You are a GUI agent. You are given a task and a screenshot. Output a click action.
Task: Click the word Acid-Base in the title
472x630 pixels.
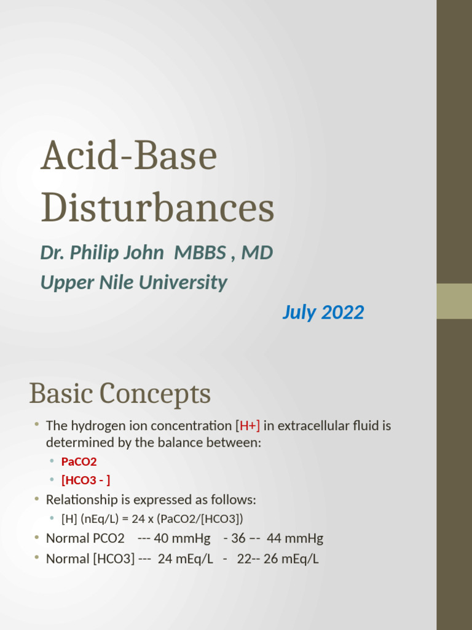[128, 156]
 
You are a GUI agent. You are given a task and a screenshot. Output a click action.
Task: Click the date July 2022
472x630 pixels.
[323, 313]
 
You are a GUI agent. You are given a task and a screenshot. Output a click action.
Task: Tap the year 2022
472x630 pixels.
[343, 313]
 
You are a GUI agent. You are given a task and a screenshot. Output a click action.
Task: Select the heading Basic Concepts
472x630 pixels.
[120, 394]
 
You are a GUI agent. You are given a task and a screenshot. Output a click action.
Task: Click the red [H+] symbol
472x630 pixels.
[248, 426]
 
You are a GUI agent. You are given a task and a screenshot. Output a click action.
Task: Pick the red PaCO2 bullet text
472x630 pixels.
[79, 461]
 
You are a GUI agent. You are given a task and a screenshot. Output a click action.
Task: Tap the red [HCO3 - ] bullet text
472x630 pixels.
[86, 480]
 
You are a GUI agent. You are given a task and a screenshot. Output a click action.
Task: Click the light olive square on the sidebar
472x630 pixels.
[454, 301]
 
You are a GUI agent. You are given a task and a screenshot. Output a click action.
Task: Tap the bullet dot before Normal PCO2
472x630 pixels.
[37, 538]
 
